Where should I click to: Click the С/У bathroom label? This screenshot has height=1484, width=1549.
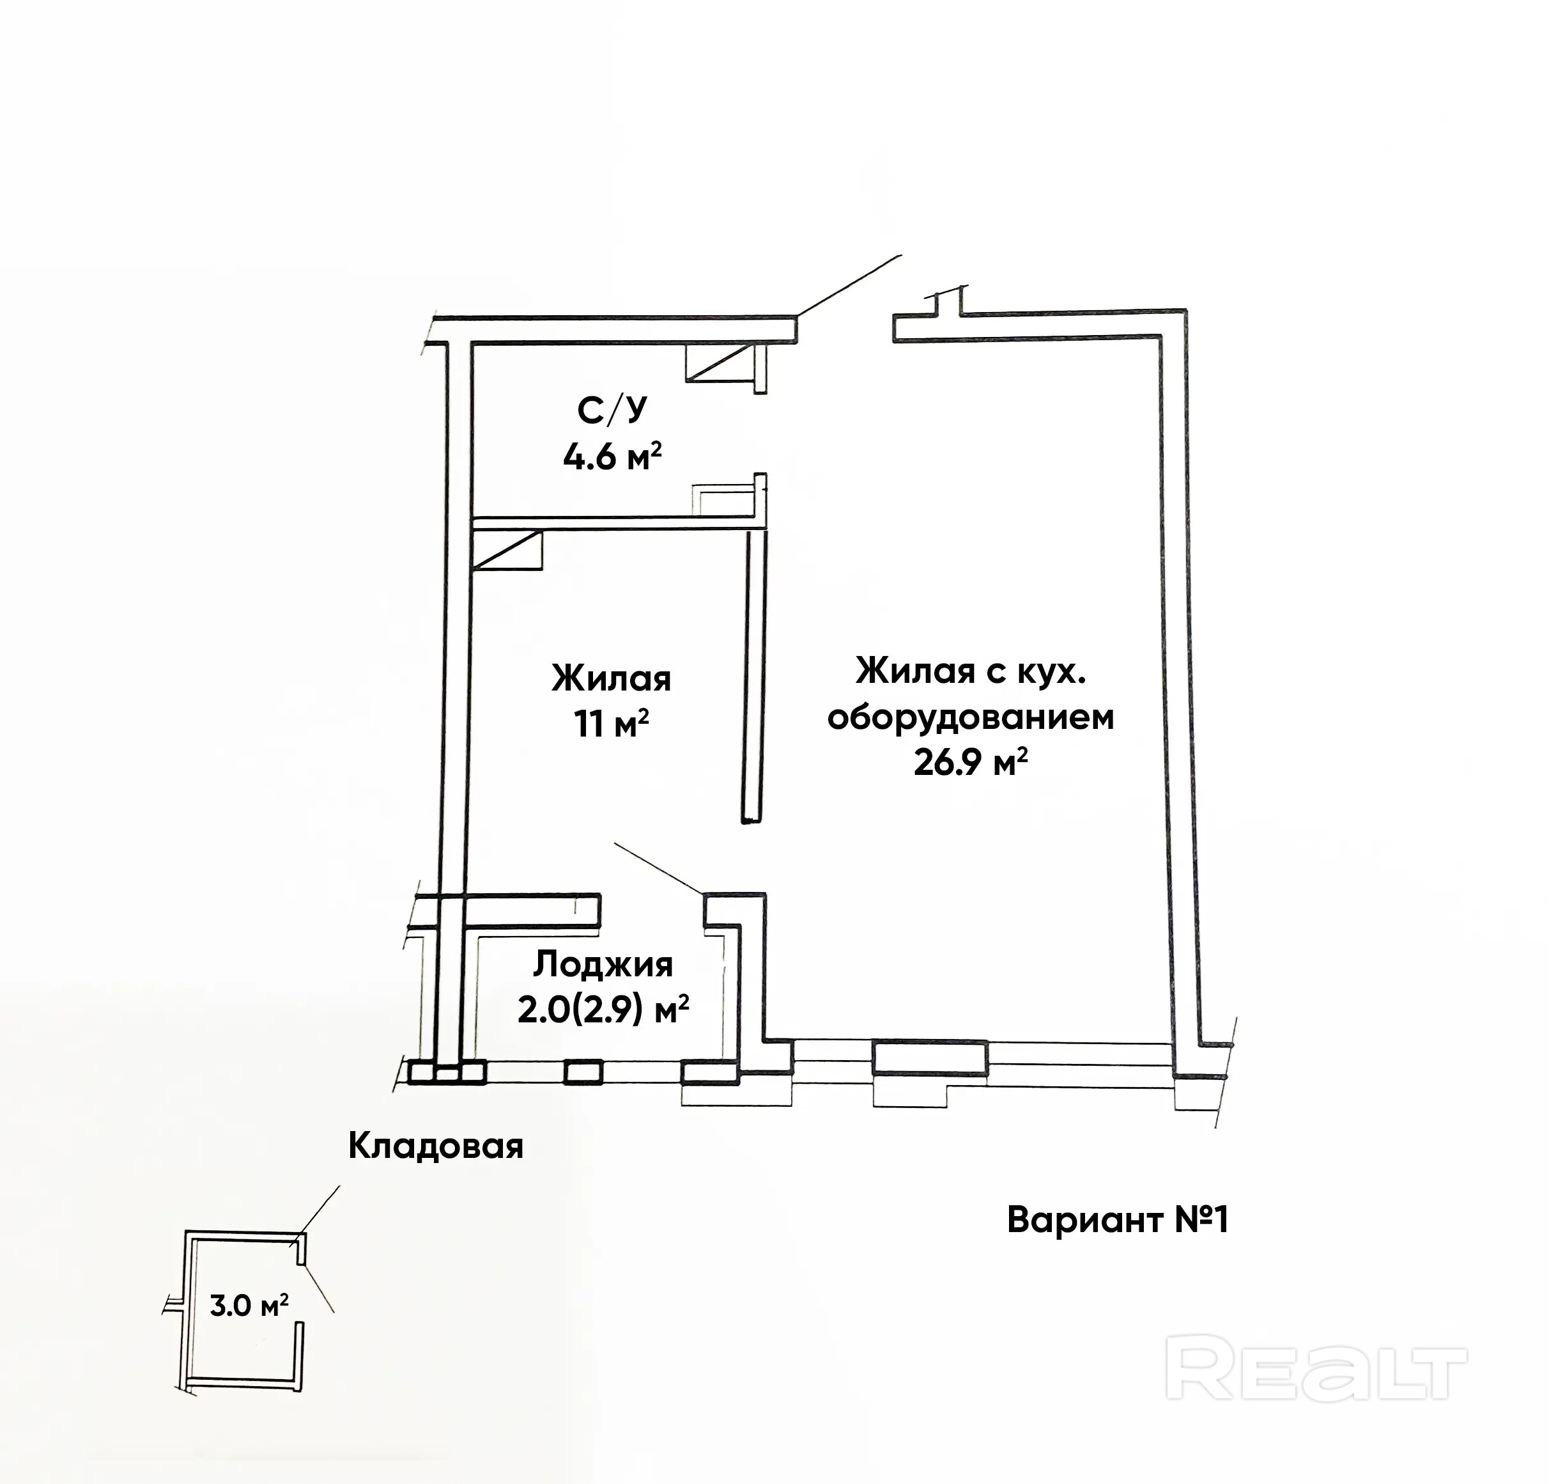(x=612, y=410)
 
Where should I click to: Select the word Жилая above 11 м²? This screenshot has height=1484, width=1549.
(x=611, y=678)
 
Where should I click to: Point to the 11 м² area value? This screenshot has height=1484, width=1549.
(x=612, y=723)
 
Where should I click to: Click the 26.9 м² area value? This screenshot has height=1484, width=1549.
(x=971, y=763)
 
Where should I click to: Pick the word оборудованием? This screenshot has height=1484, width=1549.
(x=971, y=718)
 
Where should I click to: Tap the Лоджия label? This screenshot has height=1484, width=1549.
(x=604, y=965)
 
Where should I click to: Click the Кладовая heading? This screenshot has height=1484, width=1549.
(x=435, y=1146)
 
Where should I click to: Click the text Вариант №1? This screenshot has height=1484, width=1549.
(x=1118, y=1220)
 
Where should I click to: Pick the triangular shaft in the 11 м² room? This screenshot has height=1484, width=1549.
(x=508, y=551)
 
